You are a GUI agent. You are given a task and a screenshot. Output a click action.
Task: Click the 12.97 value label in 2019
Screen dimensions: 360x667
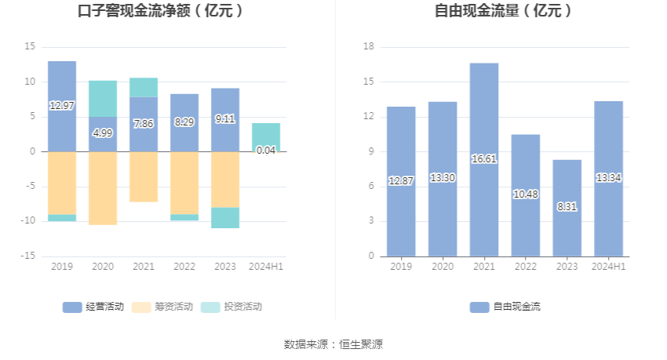tap(62, 105)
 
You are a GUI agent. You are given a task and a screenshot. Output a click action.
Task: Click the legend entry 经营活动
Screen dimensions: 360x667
tap(93, 307)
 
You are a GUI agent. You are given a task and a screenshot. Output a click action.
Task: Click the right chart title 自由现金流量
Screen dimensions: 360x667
tap(503, 11)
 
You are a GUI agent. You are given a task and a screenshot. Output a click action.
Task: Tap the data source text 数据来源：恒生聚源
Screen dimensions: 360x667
tap(333, 344)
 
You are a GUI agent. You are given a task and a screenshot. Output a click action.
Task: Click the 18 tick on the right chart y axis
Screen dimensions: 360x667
tap(369, 47)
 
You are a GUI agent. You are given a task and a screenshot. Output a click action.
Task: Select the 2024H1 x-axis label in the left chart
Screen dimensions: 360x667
tap(266, 267)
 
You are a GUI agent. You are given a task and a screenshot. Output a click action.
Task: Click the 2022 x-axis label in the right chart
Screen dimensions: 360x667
tap(526, 267)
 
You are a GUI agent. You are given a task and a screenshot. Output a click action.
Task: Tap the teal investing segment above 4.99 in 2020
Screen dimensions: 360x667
tap(103, 98)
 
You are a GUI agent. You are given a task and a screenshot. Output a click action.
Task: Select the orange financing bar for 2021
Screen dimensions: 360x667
tap(144, 176)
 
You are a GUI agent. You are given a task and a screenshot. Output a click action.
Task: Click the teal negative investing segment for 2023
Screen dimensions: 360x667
tap(225, 217)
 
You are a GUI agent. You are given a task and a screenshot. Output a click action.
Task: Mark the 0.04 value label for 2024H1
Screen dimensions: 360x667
tap(266, 150)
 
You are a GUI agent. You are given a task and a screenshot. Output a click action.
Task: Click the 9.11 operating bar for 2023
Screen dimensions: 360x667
tap(225, 120)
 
